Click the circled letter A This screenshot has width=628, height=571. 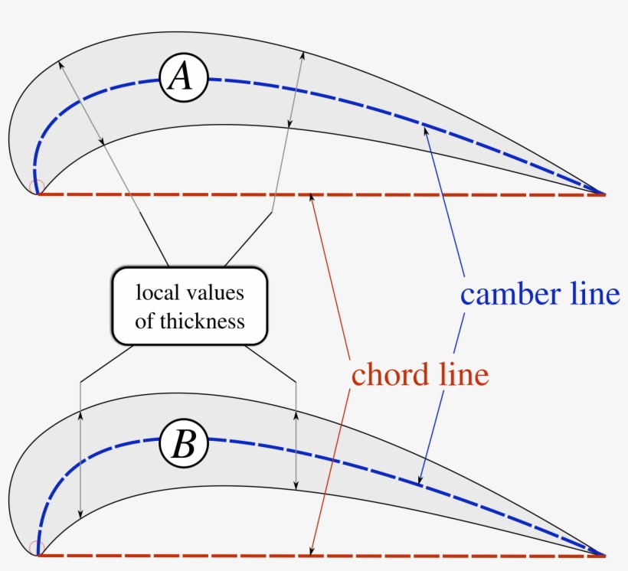[x=184, y=77]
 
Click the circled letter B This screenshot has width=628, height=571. [x=184, y=443]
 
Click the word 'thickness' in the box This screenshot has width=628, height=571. [x=202, y=321]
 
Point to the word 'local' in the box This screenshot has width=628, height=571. [x=157, y=292]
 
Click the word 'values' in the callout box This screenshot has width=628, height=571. [x=214, y=292]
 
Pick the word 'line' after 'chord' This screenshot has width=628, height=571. [x=464, y=374]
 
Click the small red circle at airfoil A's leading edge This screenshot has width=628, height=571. [x=37, y=187]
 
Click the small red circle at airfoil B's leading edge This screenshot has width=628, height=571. [x=37, y=548]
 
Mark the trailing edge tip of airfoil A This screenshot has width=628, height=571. [x=606, y=194]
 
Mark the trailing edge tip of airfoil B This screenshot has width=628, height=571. [x=606, y=556]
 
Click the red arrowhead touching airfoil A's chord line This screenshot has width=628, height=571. [x=311, y=197]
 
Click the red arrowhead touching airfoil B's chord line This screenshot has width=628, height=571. [x=312, y=551]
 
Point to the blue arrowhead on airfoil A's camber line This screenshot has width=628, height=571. [x=425, y=131]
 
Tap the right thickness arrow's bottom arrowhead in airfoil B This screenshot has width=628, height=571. [x=296, y=485]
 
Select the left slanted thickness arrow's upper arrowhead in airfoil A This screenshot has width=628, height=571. [x=61, y=65]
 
